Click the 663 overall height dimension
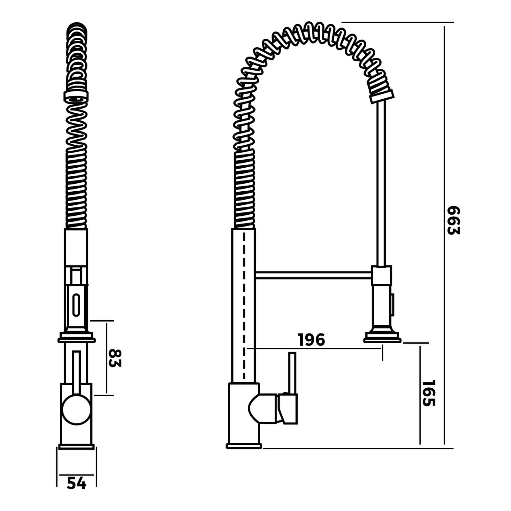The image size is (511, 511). click(x=453, y=220)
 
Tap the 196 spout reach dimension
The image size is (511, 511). click(x=311, y=340)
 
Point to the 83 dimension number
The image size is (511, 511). click(x=115, y=358)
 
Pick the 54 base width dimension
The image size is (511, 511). click(x=77, y=483)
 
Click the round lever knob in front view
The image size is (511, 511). click(x=77, y=410)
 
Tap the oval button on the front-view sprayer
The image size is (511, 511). click(x=76, y=305)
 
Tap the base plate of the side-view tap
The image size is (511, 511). click(x=244, y=446)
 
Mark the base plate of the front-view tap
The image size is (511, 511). click(x=77, y=446)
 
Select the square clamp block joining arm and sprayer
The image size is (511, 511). click(x=381, y=275)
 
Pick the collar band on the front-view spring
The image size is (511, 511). click(x=76, y=96)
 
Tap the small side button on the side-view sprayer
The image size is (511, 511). click(x=393, y=305)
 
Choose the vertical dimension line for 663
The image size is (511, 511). click(x=444, y=287)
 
